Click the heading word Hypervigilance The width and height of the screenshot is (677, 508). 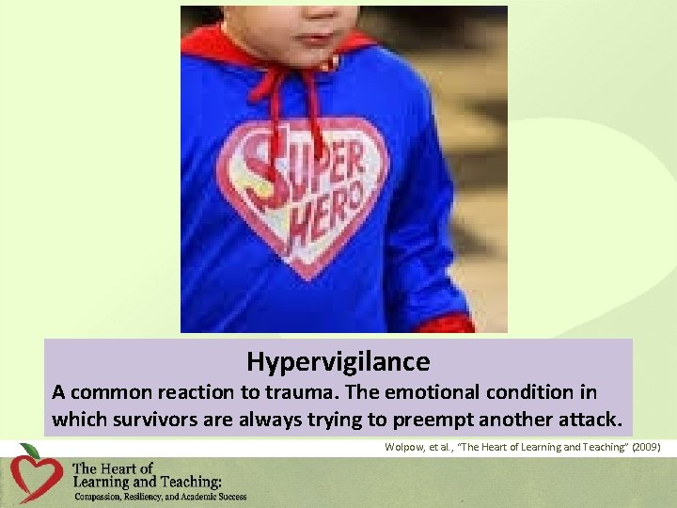338,361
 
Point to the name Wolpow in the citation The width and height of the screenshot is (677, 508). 404,448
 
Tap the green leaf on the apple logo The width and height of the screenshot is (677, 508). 30,451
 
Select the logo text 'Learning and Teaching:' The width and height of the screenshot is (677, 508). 147,482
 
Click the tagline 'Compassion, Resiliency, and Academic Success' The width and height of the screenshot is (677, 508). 160,497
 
